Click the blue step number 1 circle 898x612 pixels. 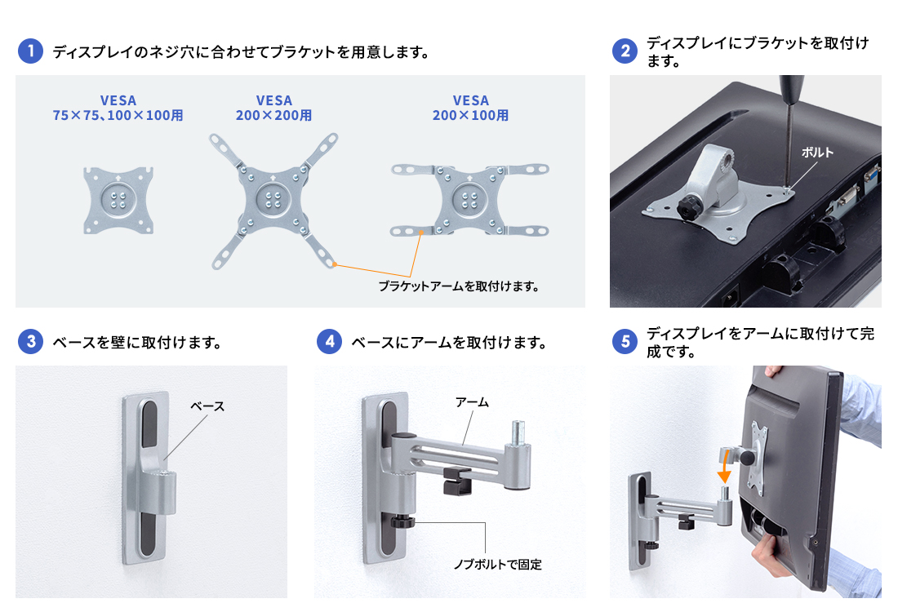coord(30,51)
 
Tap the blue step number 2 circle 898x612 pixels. coord(625,51)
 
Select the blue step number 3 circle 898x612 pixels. coord(30,342)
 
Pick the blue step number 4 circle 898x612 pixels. coord(329,342)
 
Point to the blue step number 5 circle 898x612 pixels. coord(625,342)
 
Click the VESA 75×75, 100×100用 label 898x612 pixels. coord(118,109)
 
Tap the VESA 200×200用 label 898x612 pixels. coord(273,109)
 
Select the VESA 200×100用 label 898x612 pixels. coord(470,109)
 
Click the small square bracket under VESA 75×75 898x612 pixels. coord(118,200)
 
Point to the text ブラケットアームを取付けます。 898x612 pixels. coord(459,286)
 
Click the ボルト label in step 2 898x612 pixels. coord(816,153)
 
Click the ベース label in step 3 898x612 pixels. coord(207,406)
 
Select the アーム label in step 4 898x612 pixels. coord(472,402)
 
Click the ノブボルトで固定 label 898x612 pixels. coord(498,565)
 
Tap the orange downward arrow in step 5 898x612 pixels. coord(724,466)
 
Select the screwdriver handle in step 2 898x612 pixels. coord(792,89)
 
